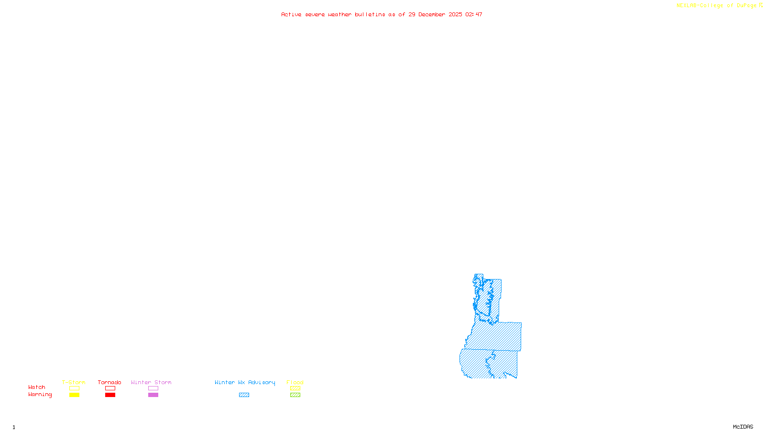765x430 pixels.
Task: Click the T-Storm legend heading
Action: coord(74,382)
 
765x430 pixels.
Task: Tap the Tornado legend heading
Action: coord(109,382)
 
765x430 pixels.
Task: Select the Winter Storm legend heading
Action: coord(151,382)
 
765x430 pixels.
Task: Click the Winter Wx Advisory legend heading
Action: coord(245,382)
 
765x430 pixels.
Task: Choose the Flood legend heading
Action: coord(295,382)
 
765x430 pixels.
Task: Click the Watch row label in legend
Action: coord(37,387)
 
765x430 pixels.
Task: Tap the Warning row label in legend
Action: coord(40,395)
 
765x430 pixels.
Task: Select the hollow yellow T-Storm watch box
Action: coord(74,388)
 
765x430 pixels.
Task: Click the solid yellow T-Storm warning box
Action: coord(74,395)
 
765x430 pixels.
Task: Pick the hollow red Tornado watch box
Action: coord(110,388)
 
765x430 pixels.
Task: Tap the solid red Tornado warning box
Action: coord(110,395)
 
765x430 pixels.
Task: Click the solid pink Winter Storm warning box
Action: coord(153,395)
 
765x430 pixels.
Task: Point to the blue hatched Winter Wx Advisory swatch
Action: coord(244,395)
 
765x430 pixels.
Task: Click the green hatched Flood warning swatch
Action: coord(295,395)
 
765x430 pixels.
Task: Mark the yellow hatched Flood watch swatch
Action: coord(295,388)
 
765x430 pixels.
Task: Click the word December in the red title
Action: coord(432,14)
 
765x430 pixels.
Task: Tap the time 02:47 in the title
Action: coord(474,14)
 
